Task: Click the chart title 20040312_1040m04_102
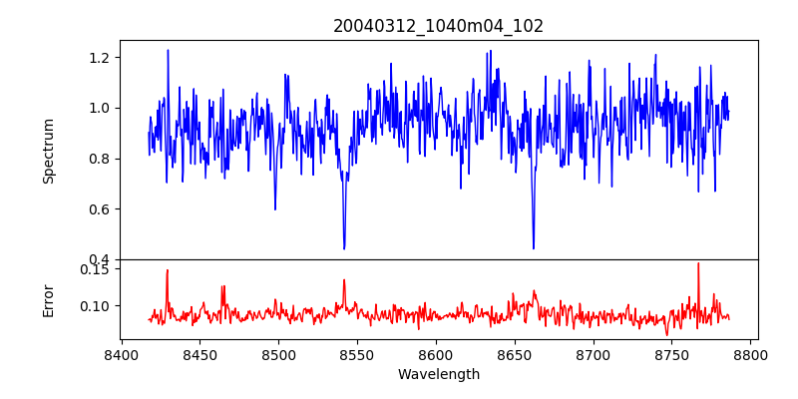[x=438, y=26]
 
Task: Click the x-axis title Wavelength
[x=438, y=375]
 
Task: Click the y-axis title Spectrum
[x=49, y=151]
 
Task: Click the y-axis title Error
[x=49, y=300]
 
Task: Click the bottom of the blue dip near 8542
[x=344, y=248]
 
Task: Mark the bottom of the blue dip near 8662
[x=534, y=248]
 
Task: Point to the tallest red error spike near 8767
[x=698, y=263]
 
